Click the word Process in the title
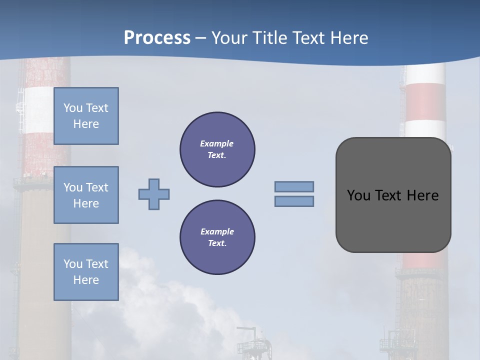(157, 38)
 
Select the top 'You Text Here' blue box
(86, 116)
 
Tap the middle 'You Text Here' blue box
(86, 195)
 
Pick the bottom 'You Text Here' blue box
(86, 272)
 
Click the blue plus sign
(154, 194)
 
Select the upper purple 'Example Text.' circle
(217, 149)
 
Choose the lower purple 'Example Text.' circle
(217, 237)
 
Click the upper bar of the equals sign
(294, 187)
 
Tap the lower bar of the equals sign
(294, 201)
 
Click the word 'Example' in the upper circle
(217, 143)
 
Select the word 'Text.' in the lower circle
(217, 243)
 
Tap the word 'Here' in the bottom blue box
(86, 280)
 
